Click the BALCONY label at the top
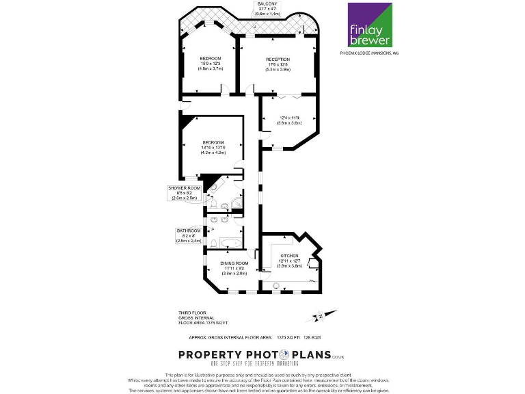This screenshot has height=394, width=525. pos(267,3)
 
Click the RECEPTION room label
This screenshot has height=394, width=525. pos(278,60)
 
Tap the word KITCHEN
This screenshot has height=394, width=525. pos(289,256)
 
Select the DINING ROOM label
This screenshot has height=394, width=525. pos(234,263)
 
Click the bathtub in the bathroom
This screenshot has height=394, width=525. pos(224,243)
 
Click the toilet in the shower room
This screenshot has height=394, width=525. pos(214,203)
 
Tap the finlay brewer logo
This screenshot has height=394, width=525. pos(370,25)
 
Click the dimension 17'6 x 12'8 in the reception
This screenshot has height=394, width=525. pos(278,64)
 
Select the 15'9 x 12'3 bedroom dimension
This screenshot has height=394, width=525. pos(211,64)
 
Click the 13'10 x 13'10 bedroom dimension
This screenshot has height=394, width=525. pos(213,148)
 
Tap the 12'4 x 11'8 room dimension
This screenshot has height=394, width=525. pos(289,118)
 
